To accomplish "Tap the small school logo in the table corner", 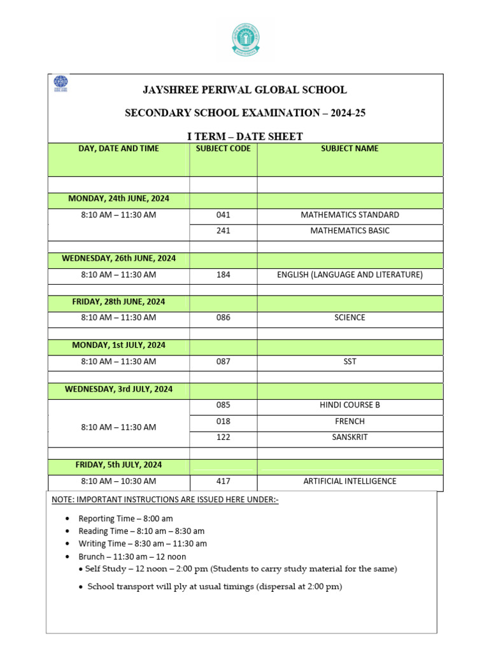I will pyautogui.click(x=60, y=84).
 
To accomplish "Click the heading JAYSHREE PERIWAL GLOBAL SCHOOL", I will pyautogui.click(x=245, y=90).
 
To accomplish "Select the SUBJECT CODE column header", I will pyautogui.click(x=223, y=149).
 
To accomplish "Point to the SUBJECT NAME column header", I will pyautogui.click(x=350, y=149).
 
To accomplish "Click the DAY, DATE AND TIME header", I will pyautogui.click(x=118, y=149).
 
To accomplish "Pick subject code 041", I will pyautogui.click(x=223, y=216).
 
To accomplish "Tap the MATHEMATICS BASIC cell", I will pyautogui.click(x=350, y=231).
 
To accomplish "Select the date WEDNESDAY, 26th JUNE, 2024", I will pyautogui.click(x=118, y=259).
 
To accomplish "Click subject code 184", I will pyautogui.click(x=223, y=275).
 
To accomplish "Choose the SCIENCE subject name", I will pyautogui.click(x=350, y=318).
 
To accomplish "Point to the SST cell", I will pyautogui.click(x=350, y=362).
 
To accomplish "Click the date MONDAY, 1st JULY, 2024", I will pyautogui.click(x=118, y=345).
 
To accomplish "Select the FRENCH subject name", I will pyautogui.click(x=350, y=421).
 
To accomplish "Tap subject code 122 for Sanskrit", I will pyautogui.click(x=223, y=437).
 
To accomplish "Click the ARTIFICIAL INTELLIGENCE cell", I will pyautogui.click(x=350, y=481).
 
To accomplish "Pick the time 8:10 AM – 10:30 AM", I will pyautogui.click(x=118, y=481).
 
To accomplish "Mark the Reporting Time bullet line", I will pyautogui.click(x=125, y=519).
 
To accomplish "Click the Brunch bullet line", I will pyautogui.click(x=132, y=556).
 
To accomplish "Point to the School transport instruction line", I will pyautogui.click(x=215, y=587).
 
